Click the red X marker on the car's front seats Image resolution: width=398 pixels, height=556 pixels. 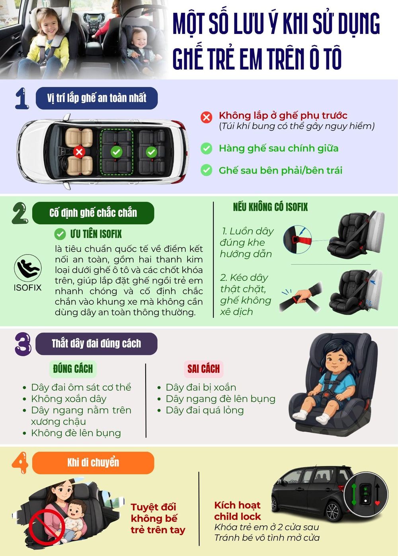(x=79, y=152)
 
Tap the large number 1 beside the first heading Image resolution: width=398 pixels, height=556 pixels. (x=22, y=98)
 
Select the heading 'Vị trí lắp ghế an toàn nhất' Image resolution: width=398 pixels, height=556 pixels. (x=97, y=98)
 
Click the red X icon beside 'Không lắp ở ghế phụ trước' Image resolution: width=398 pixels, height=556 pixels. (x=206, y=117)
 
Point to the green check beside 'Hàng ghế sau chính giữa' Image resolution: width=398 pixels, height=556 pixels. (x=206, y=149)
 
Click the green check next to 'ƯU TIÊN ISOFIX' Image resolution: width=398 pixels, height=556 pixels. (x=60, y=234)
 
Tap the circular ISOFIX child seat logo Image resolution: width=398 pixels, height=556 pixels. (x=27, y=268)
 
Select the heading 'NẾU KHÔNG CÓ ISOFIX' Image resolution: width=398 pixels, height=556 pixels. (x=270, y=207)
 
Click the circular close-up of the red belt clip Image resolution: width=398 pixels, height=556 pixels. (x=298, y=239)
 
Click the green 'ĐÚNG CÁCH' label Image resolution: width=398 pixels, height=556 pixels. (x=73, y=369)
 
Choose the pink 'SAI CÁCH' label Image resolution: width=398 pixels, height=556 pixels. (x=204, y=369)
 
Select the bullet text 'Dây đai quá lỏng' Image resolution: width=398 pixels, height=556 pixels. (x=205, y=410)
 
